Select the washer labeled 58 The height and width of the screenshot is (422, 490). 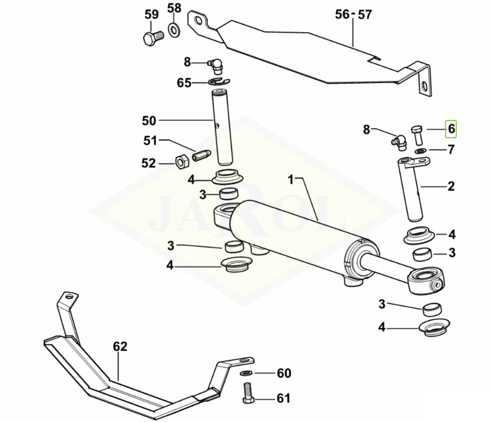click(x=175, y=29)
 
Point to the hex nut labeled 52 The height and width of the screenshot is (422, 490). click(x=182, y=161)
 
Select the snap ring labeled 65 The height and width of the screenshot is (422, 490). click(x=219, y=81)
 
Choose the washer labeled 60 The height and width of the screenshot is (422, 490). click(x=246, y=373)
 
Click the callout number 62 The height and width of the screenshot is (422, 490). click(x=120, y=346)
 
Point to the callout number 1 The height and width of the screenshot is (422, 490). click(x=291, y=178)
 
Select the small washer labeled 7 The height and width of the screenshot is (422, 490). click(x=420, y=151)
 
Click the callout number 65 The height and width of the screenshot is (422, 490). click(x=184, y=83)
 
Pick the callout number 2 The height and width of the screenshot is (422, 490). click(x=451, y=186)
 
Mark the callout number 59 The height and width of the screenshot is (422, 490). click(x=152, y=13)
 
